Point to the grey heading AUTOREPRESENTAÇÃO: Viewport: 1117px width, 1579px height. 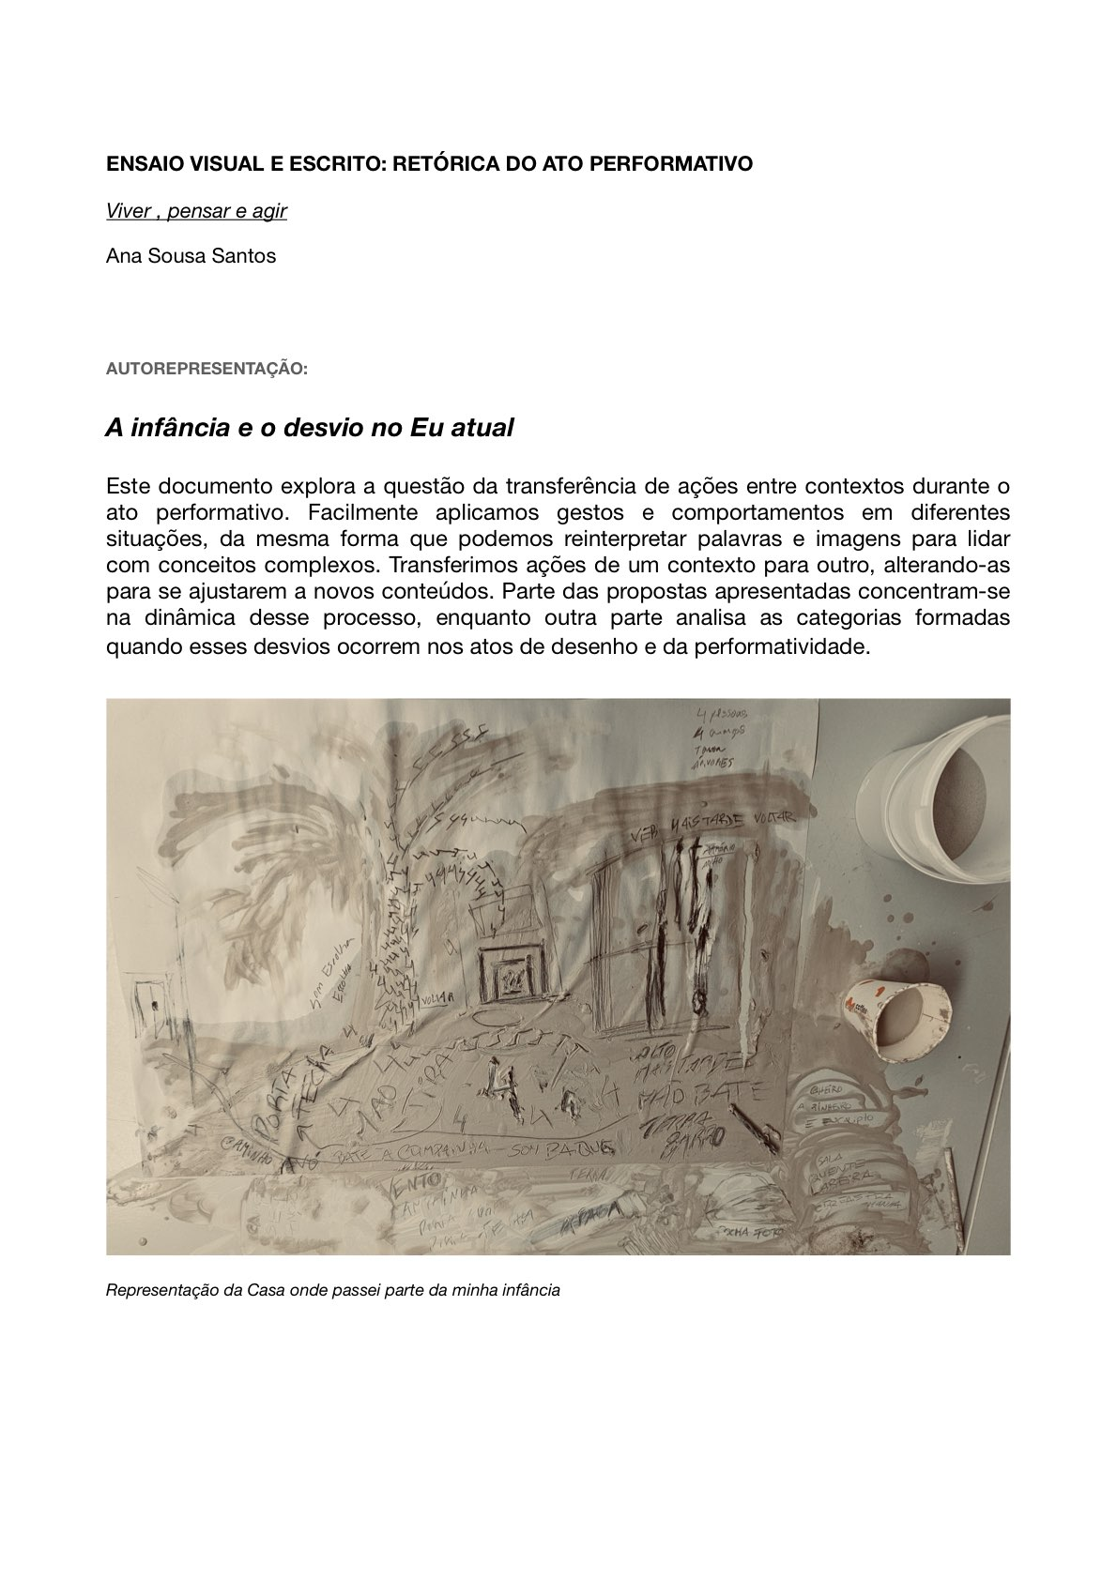click(x=207, y=369)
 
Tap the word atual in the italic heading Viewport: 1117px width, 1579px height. click(x=482, y=428)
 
